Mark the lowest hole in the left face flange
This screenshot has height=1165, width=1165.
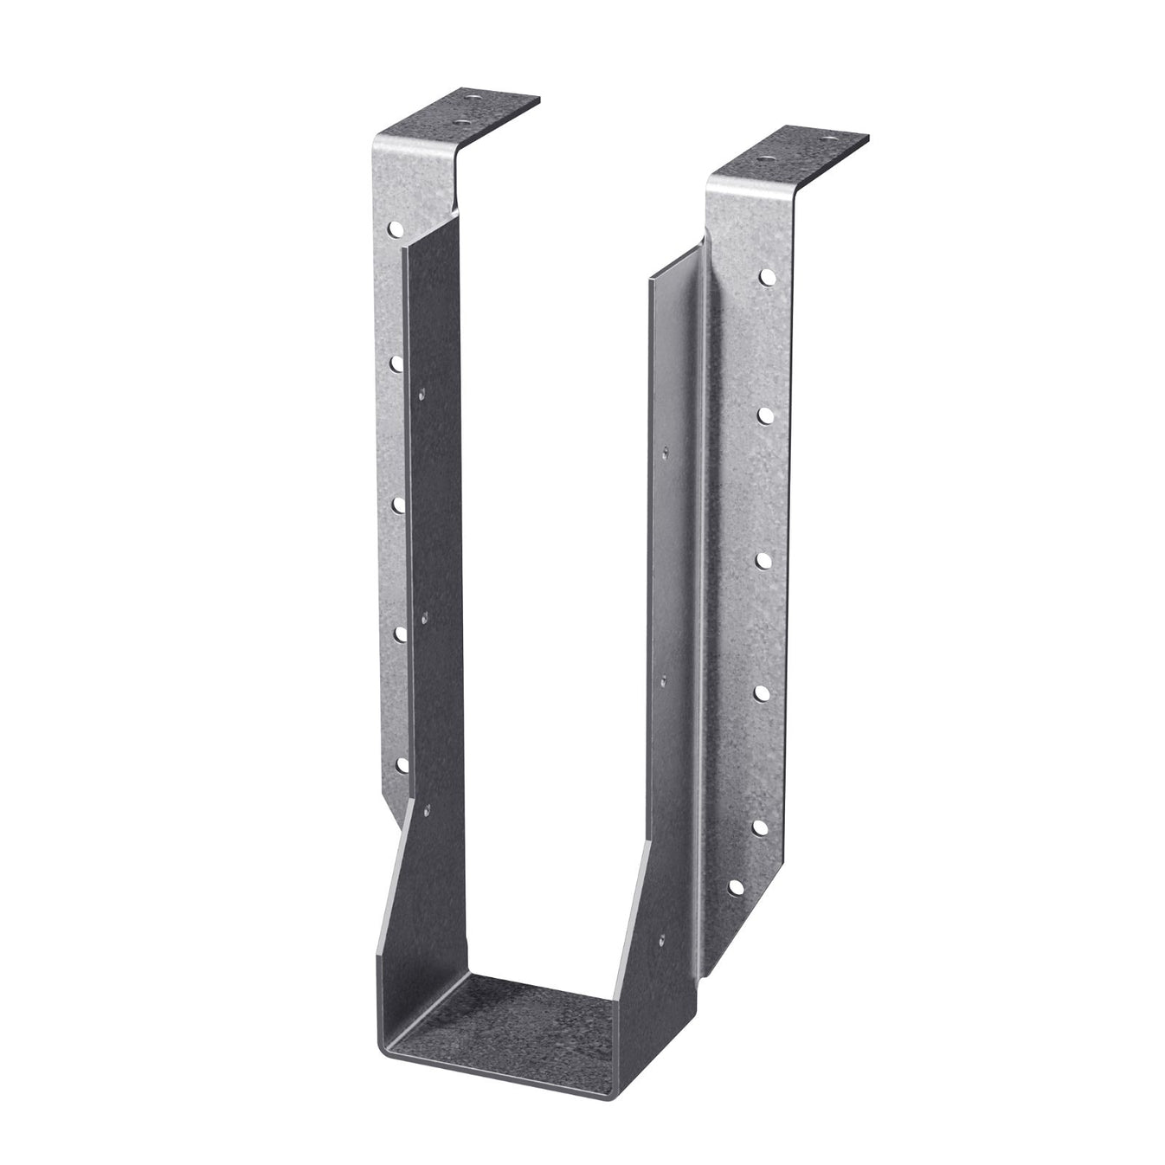(402, 764)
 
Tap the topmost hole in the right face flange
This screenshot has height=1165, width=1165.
(766, 277)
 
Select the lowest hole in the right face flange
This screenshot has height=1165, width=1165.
(735, 887)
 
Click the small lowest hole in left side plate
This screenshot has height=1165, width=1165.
(426, 811)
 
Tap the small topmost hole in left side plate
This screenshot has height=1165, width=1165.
(421, 394)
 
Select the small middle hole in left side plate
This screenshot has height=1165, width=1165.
(424, 617)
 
